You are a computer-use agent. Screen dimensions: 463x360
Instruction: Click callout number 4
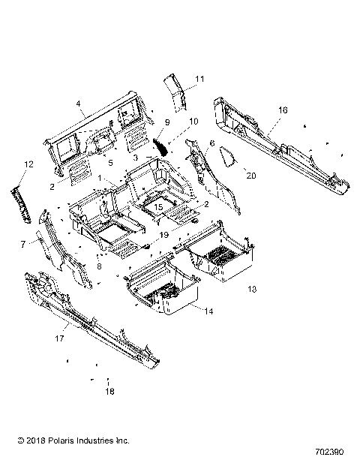tap(78, 104)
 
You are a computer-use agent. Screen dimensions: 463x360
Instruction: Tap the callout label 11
tap(199, 79)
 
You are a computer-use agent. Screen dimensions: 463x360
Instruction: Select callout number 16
tap(283, 110)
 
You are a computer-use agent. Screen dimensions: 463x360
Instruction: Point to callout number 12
tap(28, 164)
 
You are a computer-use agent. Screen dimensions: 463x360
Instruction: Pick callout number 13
tap(252, 289)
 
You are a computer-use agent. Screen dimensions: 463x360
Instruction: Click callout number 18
tap(109, 391)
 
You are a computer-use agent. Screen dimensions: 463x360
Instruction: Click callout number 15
tap(158, 206)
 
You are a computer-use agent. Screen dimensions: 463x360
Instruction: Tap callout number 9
tap(166, 122)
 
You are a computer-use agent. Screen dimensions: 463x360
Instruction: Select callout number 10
tap(193, 122)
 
